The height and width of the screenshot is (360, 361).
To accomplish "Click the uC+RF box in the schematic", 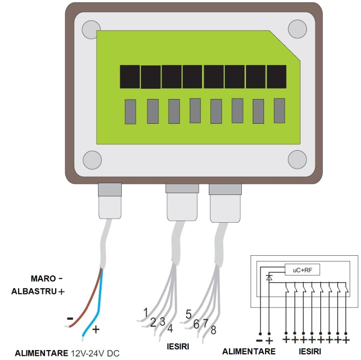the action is [302, 270].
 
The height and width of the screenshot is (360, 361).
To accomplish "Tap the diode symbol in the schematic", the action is [269, 277].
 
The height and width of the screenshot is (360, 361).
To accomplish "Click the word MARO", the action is [43, 279].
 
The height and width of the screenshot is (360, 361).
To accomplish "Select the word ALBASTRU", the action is [34, 291].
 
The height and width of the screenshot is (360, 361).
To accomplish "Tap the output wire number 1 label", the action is [145, 313].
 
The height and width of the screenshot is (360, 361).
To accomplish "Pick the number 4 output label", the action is [170, 329].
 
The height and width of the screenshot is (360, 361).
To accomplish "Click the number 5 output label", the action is [189, 314].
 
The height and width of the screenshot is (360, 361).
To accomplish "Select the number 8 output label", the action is [214, 330].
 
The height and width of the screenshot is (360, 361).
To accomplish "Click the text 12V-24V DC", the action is [95, 353].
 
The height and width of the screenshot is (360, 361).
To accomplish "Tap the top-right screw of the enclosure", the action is [297, 29].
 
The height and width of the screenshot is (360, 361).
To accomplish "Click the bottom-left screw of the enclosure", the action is [92, 160].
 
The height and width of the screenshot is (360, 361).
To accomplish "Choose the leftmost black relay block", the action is [130, 77].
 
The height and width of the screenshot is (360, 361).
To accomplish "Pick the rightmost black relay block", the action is [276, 77].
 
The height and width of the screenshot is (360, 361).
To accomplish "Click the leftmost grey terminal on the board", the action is [130, 111].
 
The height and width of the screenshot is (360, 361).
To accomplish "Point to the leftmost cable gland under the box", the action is [110, 201].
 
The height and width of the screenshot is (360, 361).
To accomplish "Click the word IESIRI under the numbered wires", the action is [178, 347].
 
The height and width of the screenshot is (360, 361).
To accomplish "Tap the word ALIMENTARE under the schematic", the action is [249, 351].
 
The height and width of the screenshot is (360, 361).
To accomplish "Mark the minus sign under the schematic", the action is [259, 340].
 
